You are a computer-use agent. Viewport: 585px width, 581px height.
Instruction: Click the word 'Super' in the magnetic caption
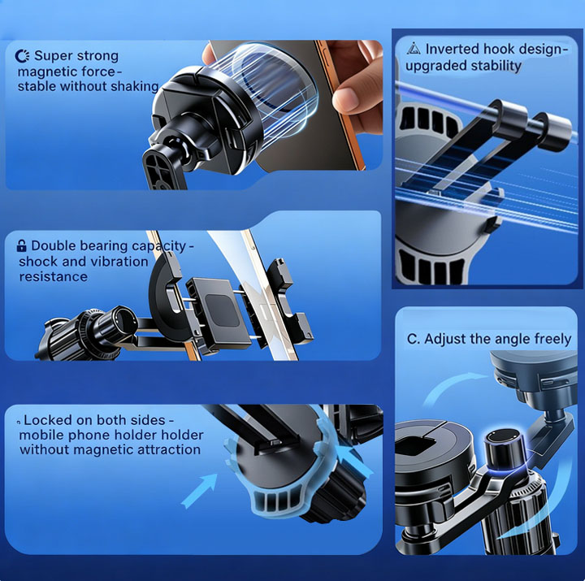tap(52, 56)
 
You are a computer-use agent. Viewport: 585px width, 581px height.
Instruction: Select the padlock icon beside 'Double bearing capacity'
tap(22, 245)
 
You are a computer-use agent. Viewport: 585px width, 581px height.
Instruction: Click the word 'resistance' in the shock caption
tap(54, 277)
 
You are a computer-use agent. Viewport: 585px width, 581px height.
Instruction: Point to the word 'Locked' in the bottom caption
tap(48, 420)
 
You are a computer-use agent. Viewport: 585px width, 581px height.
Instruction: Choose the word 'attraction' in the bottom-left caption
tap(169, 449)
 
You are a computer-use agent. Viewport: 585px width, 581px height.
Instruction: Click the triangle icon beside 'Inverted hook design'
tap(414, 49)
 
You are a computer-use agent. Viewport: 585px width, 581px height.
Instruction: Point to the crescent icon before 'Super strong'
tap(22, 56)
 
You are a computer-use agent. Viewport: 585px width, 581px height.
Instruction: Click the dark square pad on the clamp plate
tap(222, 310)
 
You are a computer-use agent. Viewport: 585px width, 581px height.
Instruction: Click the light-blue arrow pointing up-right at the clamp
tap(199, 490)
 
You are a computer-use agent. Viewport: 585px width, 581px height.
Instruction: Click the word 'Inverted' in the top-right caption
tap(452, 49)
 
